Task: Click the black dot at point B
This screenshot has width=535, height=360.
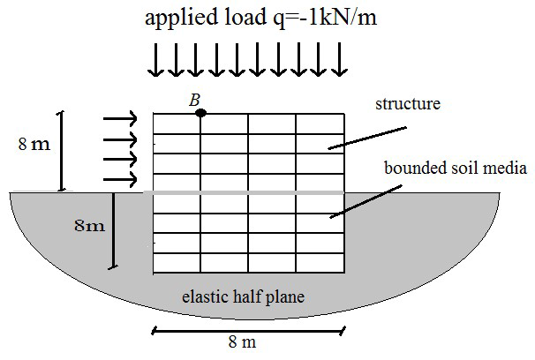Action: pyautogui.click(x=201, y=113)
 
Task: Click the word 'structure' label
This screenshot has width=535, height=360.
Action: pyautogui.click(x=407, y=105)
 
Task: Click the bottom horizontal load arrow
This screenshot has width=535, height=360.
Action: pyautogui.click(x=120, y=180)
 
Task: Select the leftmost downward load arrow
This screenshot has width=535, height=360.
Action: pyautogui.click(x=155, y=60)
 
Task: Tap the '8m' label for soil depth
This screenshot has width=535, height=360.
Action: pyautogui.click(x=88, y=225)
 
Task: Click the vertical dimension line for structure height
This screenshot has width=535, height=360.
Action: pyautogui.click(x=62, y=151)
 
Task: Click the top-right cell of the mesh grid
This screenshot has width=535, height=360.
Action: pyautogui.click(x=320, y=124)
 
